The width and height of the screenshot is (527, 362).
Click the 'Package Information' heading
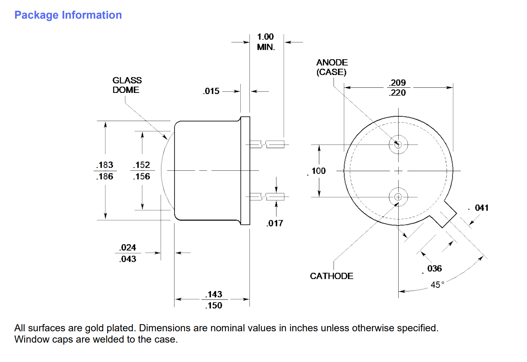(68, 15)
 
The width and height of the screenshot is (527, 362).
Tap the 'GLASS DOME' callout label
(127, 85)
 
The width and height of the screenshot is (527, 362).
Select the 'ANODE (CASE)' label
(332, 67)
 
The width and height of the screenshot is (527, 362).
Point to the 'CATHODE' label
(331, 276)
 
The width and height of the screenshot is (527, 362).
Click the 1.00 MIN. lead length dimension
(266, 42)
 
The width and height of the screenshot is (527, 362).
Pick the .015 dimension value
(212, 91)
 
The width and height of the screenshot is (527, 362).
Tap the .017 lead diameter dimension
(275, 223)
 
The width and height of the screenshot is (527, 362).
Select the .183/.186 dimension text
(105, 171)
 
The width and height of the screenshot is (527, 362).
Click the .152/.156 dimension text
(142, 171)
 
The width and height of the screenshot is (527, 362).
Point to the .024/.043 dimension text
(128, 253)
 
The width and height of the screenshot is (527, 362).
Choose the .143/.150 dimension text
(214, 300)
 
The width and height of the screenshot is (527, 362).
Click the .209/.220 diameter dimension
(398, 88)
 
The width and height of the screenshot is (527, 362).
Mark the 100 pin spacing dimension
(318, 171)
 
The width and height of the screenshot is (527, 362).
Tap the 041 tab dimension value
(481, 208)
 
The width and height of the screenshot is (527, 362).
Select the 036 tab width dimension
(434, 268)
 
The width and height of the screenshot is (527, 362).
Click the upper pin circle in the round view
(398, 144)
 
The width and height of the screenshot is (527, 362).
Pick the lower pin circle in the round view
(398, 197)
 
